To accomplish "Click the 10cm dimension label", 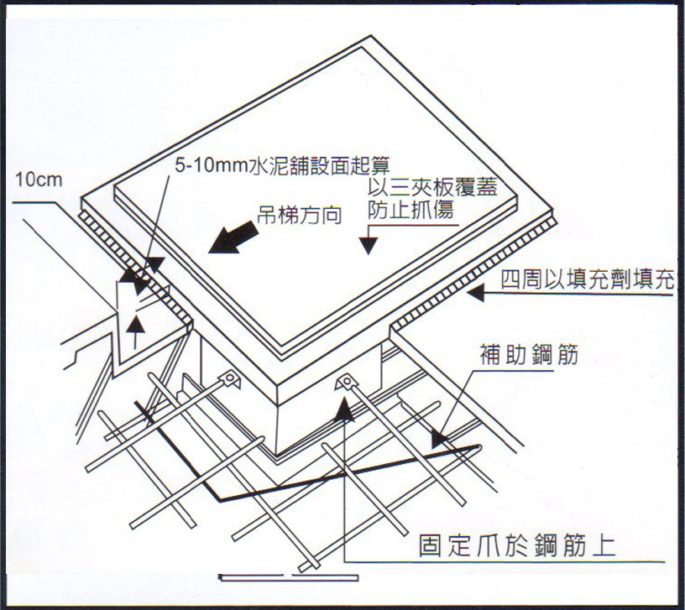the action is [x=39, y=180].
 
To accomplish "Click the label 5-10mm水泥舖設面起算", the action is [x=282, y=165].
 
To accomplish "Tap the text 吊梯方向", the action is [x=299, y=216].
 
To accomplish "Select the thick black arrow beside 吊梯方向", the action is [x=232, y=238].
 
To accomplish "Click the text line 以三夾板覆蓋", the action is [x=432, y=187].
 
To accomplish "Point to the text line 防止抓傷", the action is [x=410, y=210].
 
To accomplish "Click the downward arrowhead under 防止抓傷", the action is [x=369, y=245].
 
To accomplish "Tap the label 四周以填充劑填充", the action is [x=588, y=279].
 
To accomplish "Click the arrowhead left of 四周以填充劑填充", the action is [x=476, y=293].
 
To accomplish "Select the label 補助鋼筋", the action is [x=529, y=354].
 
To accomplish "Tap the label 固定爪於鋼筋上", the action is [x=517, y=545].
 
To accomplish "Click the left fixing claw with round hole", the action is [x=230, y=378].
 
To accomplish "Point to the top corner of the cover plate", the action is [x=371, y=36].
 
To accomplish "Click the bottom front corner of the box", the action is [x=277, y=455].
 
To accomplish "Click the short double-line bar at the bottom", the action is [x=288, y=577].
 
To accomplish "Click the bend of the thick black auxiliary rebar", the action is [x=220, y=500].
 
